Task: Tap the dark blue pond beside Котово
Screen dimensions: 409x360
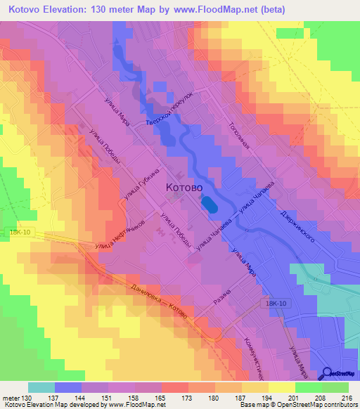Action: point(209,204)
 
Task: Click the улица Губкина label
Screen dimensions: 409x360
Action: point(143,184)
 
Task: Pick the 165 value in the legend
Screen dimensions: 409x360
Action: point(161,398)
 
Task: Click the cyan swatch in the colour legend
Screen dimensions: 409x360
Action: point(41,387)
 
